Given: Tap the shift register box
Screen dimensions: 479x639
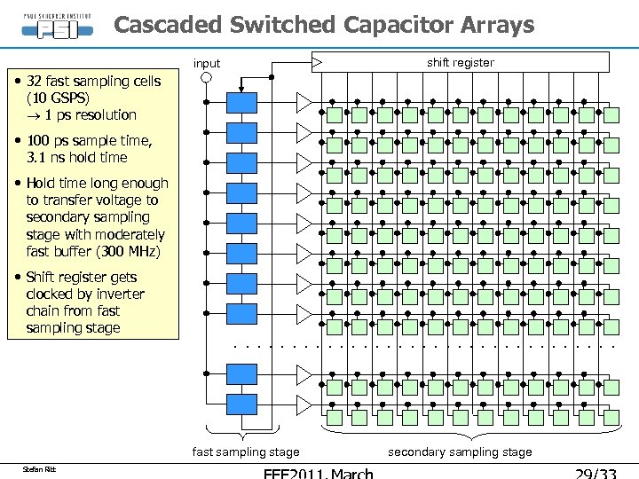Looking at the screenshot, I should pos(461,62).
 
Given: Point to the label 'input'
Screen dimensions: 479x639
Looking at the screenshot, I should pos(207,63).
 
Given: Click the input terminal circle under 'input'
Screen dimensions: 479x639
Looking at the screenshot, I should pos(206,77).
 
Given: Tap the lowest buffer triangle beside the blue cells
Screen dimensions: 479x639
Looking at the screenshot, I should pos(304,404).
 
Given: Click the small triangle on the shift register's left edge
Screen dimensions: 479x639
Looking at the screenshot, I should pos(317,62).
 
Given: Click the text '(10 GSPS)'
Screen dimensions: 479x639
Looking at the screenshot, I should pos(58,98).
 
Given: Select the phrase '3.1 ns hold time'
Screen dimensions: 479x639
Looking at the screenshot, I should pos(77,158).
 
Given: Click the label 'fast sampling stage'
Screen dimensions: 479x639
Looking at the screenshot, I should pos(246,452).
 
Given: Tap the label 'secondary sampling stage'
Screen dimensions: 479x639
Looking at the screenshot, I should pos(460,452).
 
